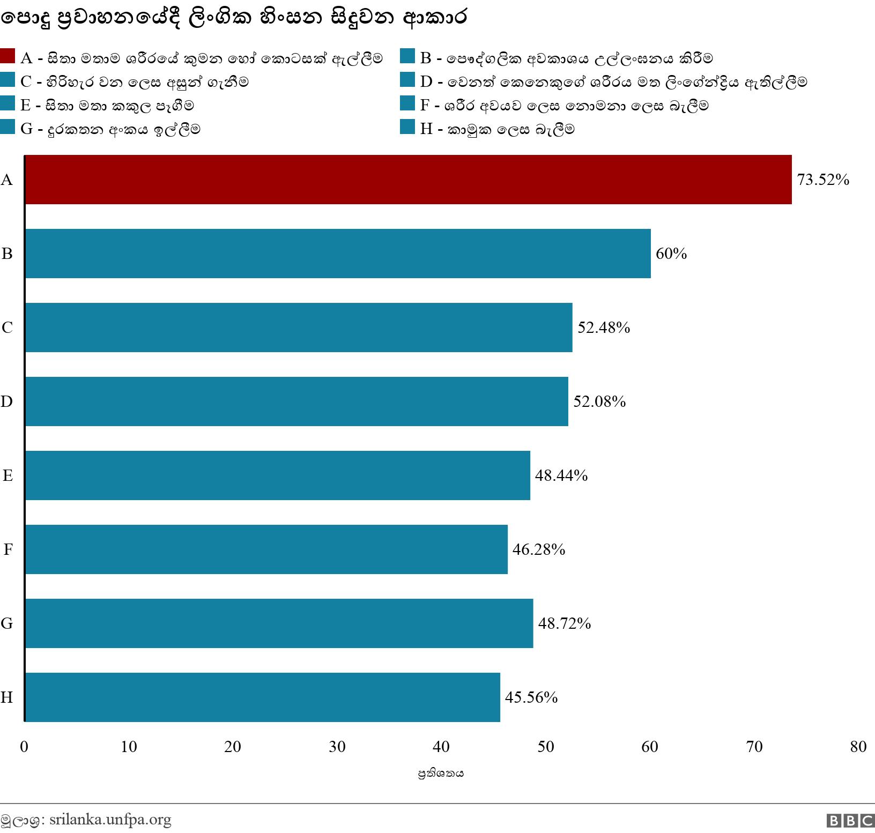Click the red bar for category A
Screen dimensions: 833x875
click(x=407, y=180)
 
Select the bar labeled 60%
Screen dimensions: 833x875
click(x=338, y=254)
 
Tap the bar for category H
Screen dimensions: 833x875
click(x=263, y=697)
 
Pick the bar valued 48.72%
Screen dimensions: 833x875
click(x=279, y=623)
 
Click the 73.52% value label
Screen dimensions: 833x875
click(x=823, y=180)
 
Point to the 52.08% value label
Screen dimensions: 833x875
click(x=599, y=401)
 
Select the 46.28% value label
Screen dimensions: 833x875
click(x=539, y=549)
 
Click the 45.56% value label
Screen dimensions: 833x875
click(x=531, y=697)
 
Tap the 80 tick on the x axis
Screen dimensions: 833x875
click(x=858, y=747)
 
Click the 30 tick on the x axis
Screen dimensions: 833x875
click(x=337, y=747)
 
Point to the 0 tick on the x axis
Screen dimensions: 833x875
click(x=24, y=747)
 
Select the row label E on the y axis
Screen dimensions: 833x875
click(x=8, y=475)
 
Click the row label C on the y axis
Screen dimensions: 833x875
click(x=7, y=328)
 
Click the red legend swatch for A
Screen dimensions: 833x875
click(x=8, y=56)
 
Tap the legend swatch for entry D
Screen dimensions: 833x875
click(x=407, y=80)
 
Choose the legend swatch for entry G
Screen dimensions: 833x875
click(x=8, y=127)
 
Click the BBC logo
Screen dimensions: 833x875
click(x=850, y=821)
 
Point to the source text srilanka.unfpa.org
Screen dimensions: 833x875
click(x=110, y=820)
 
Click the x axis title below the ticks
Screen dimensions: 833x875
click(x=441, y=773)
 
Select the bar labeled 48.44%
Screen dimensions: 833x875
click(x=277, y=475)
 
